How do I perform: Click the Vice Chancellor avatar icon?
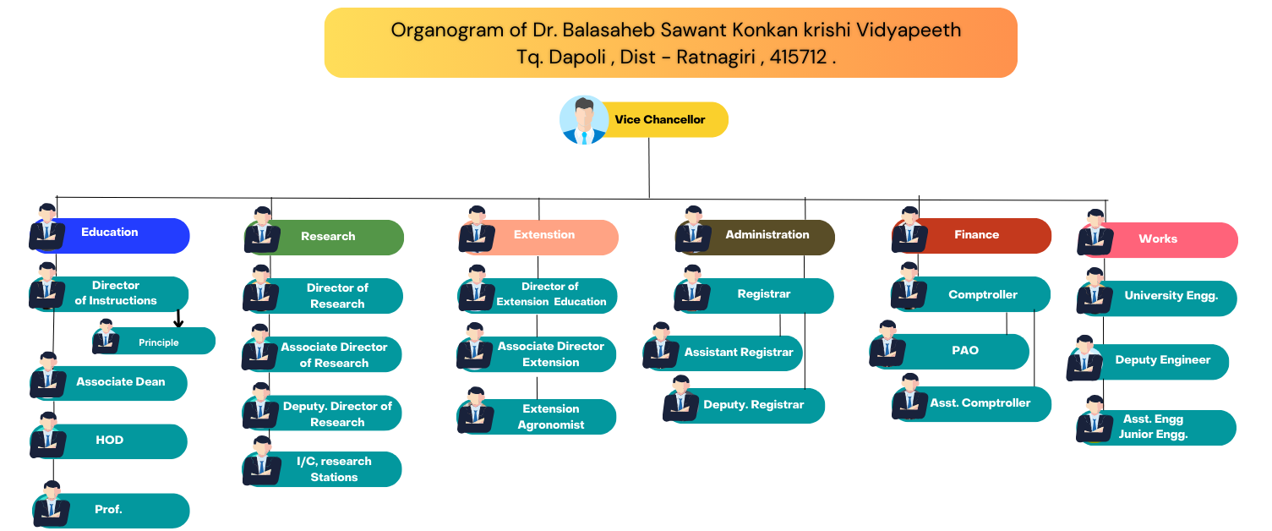click(584, 120)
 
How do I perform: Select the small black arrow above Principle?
click(178, 319)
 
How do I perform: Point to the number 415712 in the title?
click(798, 57)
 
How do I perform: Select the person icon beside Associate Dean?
click(48, 375)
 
